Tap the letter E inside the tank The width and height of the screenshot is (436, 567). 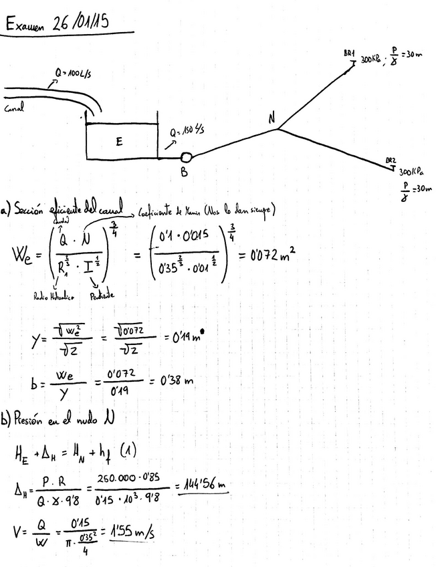click(x=119, y=141)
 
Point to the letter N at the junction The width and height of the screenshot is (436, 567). click(x=271, y=119)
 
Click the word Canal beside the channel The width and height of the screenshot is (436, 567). click(x=14, y=110)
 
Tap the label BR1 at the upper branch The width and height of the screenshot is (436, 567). click(x=349, y=53)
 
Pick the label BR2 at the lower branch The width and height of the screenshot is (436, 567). click(x=391, y=160)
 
